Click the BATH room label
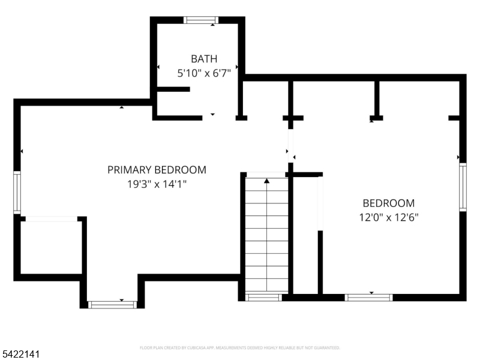click(x=204, y=59)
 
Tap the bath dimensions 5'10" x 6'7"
click(x=204, y=73)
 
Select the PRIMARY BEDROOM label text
click(x=157, y=170)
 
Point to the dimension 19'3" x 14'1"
click(x=157, y=184)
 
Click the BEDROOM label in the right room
click(x=388, y=203)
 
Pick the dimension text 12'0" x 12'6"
click(x=388, y=217)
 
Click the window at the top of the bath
click(x=202, y=20)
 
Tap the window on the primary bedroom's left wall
click(x=17, y=193)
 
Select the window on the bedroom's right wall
click(x=463, y=188)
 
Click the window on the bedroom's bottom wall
click(x=368, y=297)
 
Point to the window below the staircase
click(x=264, y=297)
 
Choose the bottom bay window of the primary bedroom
click(x=112, y=305)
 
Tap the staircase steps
click(x=266, y=240)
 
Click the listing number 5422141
click(x=21, y=355)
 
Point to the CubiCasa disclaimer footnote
click(x=240, y=347)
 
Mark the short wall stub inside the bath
click(x=173, y=89)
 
